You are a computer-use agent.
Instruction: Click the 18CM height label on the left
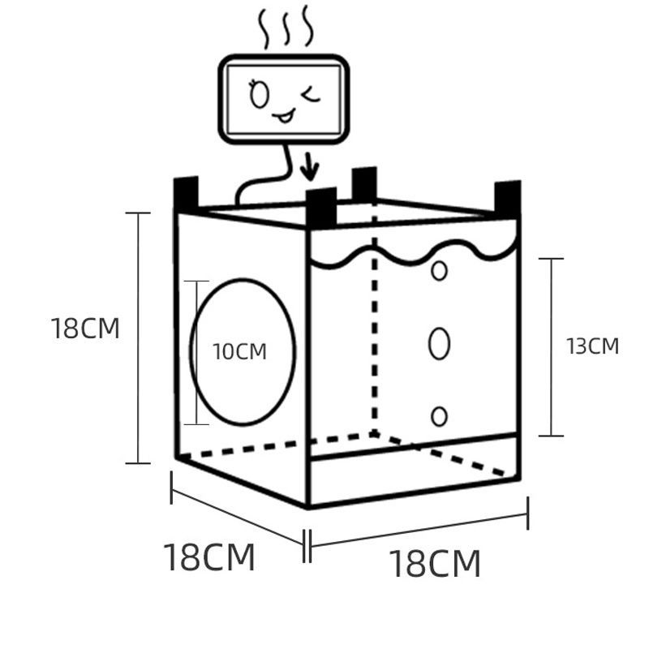click(85, 329)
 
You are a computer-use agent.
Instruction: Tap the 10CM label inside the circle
click(239, 352)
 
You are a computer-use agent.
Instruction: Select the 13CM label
click(592, 346)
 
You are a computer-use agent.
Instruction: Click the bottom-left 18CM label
click(209, 557)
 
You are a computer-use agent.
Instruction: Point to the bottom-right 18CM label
click(435, 564)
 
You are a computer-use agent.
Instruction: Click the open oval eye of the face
click(259, 95)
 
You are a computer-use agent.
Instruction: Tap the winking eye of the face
click(310, 96)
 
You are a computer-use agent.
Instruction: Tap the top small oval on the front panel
click(439, 270)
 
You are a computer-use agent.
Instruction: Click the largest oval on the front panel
click(439, 343)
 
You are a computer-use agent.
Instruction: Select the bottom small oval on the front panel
click(439, 416)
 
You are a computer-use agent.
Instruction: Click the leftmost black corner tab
click(186, 193)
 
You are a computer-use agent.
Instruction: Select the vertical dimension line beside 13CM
click(552, 346)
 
